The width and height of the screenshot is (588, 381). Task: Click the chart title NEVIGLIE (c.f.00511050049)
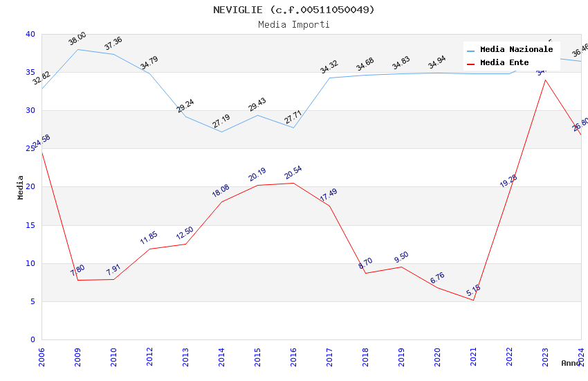(294, 10)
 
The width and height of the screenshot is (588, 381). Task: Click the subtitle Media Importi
(294, 25)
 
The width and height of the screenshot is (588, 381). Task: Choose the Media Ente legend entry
(504, 63)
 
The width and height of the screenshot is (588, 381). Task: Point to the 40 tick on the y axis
(30, 34)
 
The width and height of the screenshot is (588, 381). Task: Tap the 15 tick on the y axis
(30, 225)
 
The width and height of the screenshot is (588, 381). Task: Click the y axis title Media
(21, 187)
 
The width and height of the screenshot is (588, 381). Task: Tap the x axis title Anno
(571, 363)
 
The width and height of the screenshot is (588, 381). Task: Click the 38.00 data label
(77, 39)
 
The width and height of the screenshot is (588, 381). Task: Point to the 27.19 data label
(221, 121)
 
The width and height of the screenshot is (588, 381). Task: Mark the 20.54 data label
(293, 172)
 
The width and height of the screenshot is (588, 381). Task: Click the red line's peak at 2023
(545, 80)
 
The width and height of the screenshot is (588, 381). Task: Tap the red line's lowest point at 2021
(473, 300)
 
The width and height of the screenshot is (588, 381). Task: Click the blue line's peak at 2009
(77, 49)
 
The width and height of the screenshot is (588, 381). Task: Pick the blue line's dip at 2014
(221, 132)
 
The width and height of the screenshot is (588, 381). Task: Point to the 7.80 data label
(77, 270)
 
